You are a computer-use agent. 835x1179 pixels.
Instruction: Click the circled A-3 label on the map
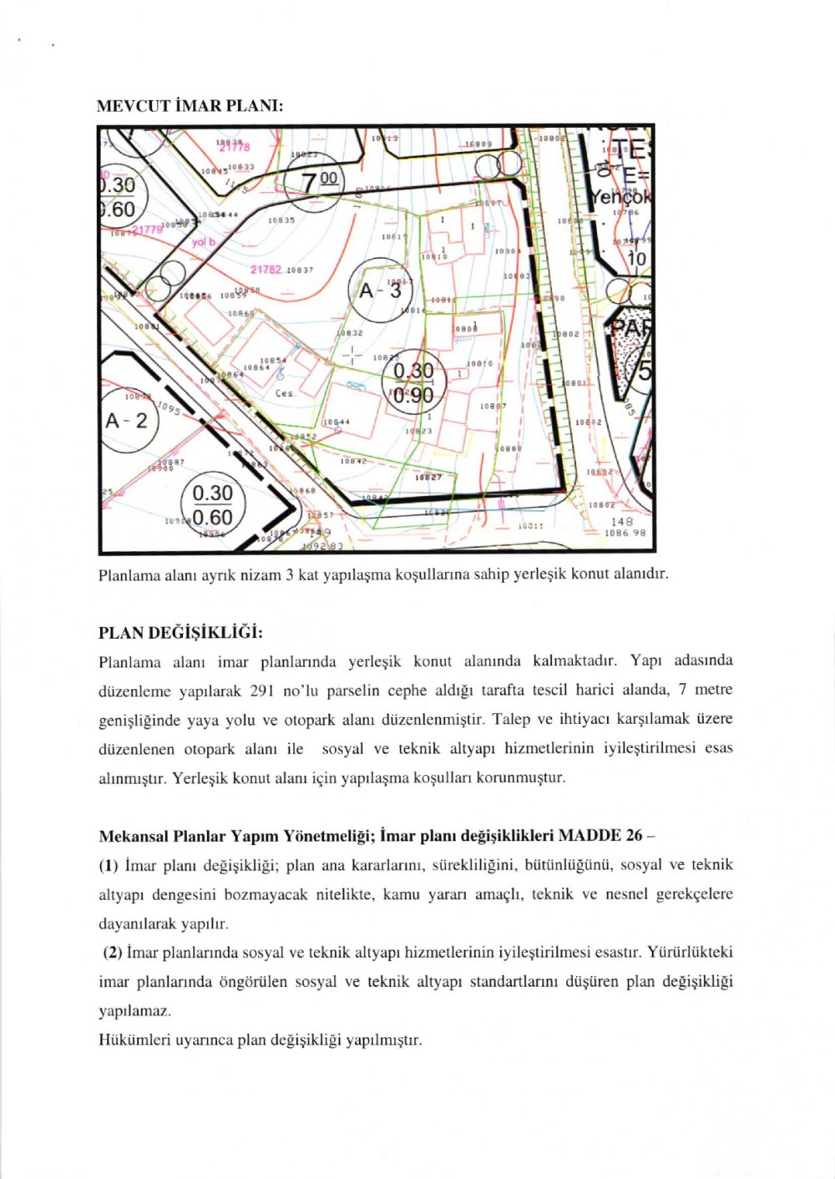tap(380, 291)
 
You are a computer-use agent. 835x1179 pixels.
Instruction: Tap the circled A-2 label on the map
tap(126, 420)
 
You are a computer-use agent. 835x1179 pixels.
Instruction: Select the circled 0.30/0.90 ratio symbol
tap(413, 382)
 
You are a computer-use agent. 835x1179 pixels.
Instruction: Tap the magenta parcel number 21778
tap(234, 148)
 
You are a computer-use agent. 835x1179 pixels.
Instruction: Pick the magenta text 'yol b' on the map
tap(204, 242)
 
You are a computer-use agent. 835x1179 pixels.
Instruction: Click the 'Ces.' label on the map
tap(284, 393)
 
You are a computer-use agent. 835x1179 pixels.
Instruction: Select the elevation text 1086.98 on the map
tap(625, 532)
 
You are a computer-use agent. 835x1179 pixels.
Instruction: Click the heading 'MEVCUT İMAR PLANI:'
tap(190, 106)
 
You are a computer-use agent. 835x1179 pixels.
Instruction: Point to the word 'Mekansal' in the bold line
tap(132, 836)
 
